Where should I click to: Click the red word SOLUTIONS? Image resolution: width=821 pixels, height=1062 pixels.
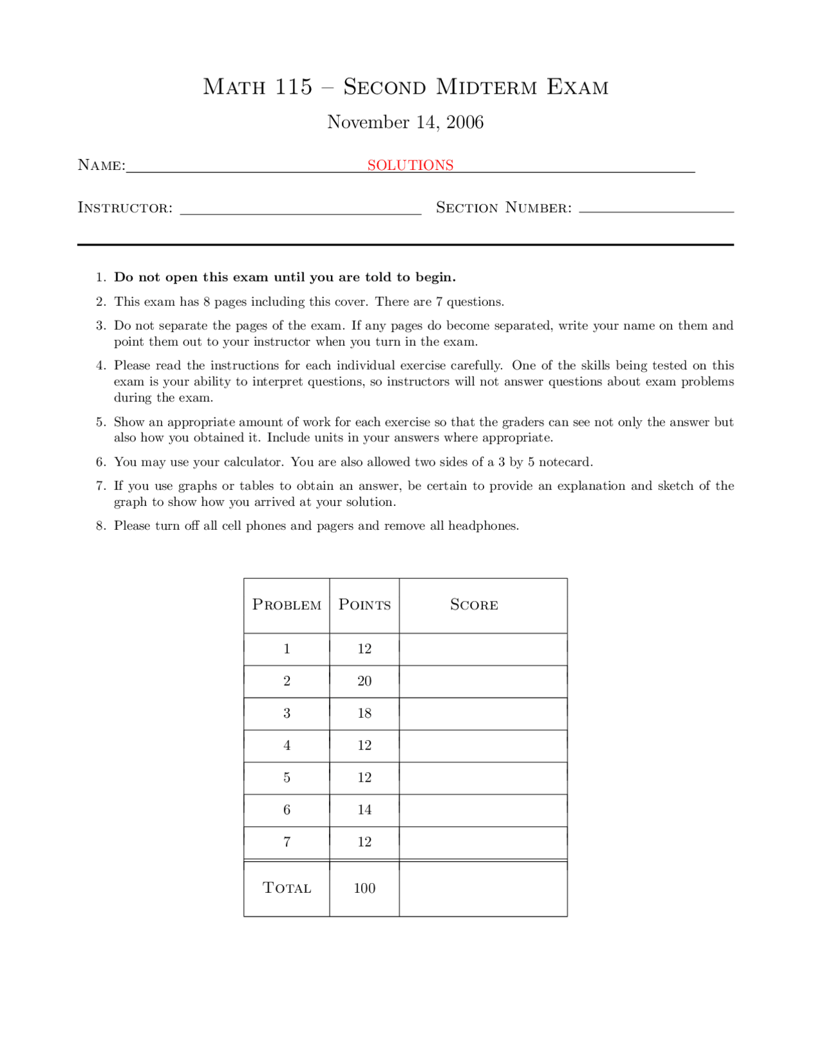410,165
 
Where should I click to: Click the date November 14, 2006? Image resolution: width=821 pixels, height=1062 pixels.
405,122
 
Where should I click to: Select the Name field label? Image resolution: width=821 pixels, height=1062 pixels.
101,165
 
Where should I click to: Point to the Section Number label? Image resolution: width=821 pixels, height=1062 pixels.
504,208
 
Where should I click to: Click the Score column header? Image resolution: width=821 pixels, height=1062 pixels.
474,605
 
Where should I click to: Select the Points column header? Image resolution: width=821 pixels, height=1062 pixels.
364,605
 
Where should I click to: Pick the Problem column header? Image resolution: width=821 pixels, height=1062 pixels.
287,605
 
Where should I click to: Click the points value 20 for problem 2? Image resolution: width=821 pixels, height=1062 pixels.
364,681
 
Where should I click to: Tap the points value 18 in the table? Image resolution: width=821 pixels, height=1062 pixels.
364,713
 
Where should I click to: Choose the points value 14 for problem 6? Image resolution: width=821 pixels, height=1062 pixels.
364,810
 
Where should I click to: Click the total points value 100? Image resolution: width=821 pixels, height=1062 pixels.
364,888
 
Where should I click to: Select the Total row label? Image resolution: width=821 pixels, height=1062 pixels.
287,888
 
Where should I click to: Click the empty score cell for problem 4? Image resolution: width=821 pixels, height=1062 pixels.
483,746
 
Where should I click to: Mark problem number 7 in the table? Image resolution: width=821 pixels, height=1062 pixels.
287,842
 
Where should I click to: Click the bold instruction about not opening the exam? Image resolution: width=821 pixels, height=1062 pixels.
285,278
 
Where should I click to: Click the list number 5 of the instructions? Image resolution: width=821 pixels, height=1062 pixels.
101,423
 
